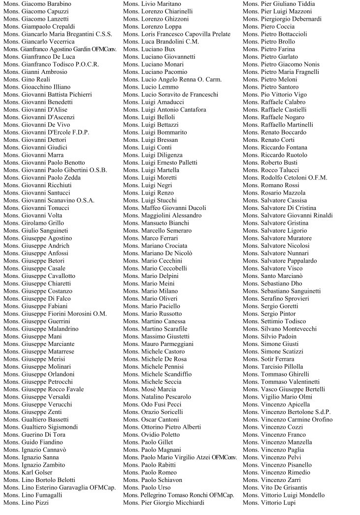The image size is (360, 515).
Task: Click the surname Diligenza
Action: [170, 155]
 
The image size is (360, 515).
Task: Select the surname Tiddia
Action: [315, 4]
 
